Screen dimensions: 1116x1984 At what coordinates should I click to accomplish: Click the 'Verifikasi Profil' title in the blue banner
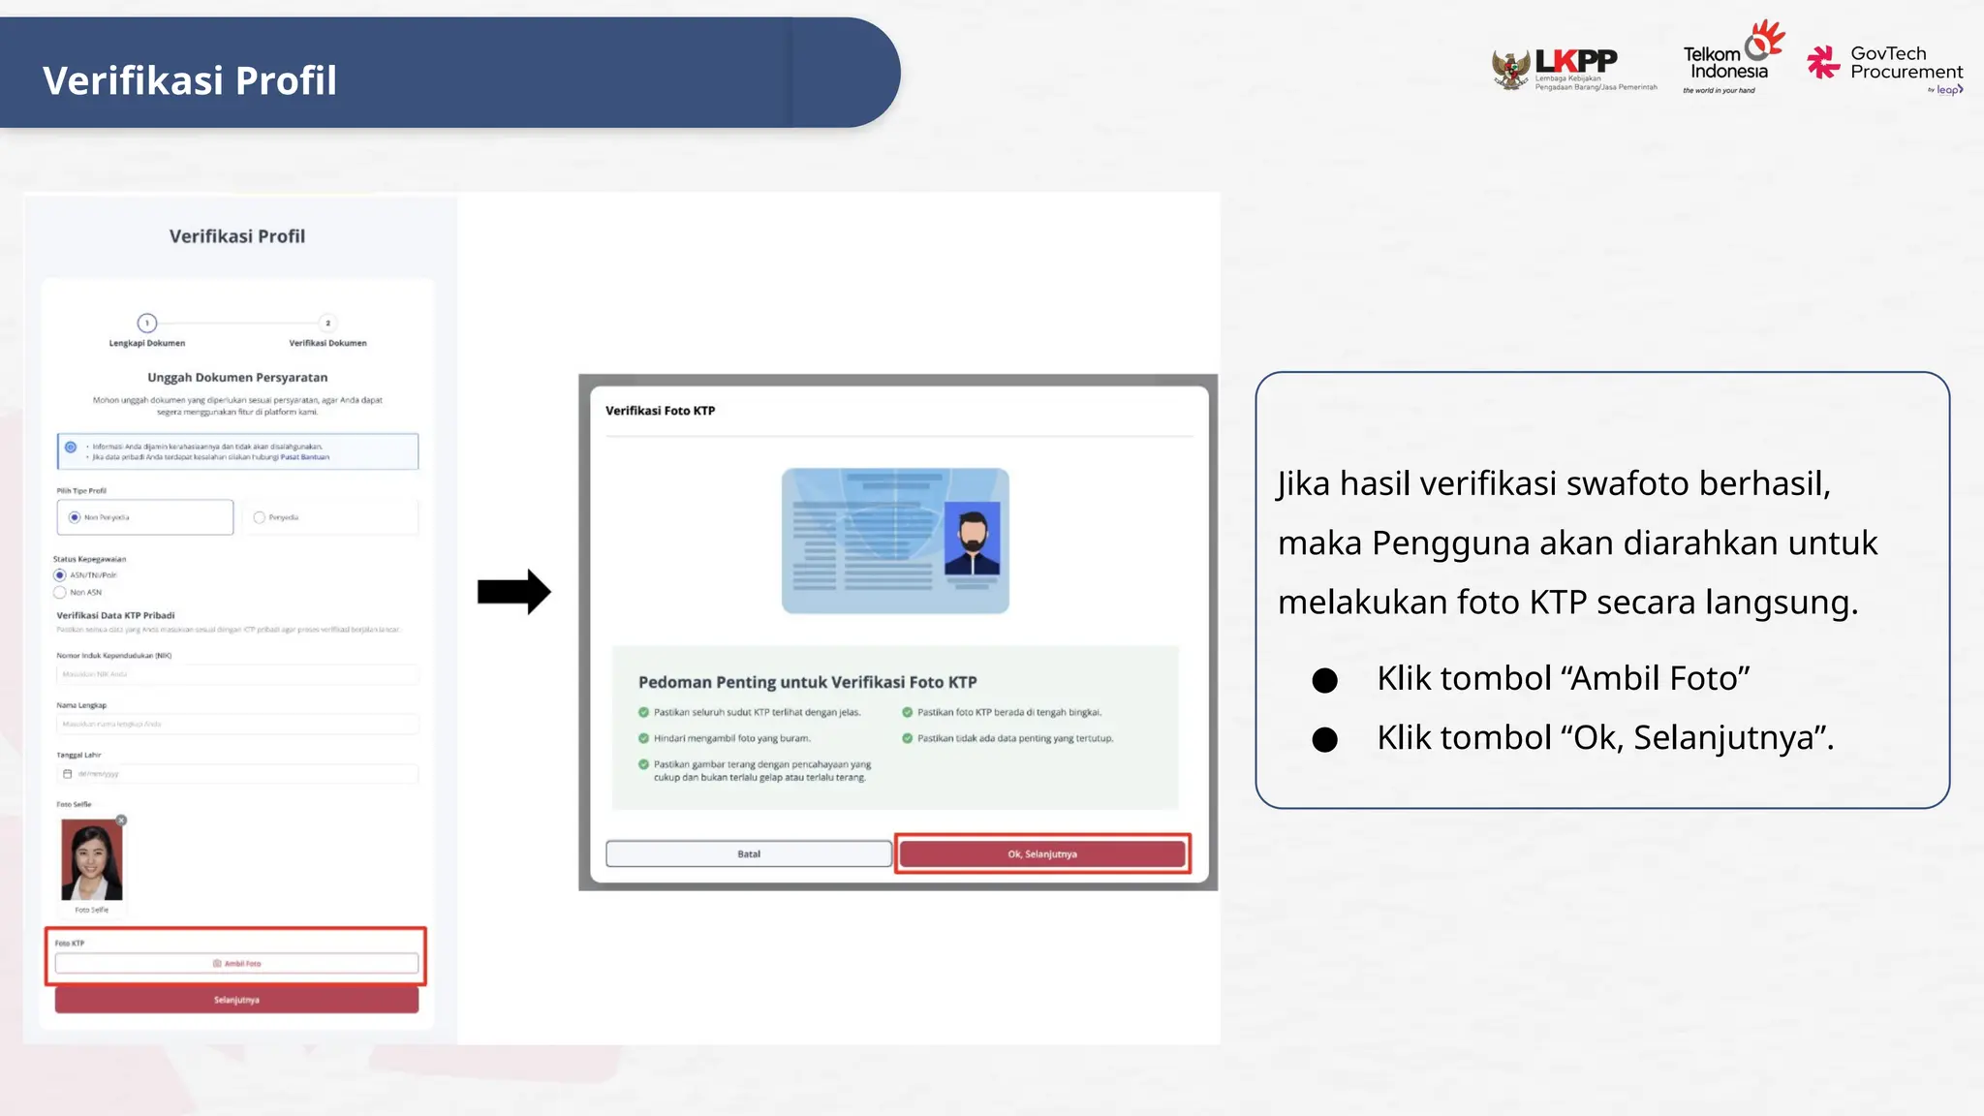pos(190,80)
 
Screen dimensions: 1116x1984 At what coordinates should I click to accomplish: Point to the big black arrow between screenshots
pos(513,591)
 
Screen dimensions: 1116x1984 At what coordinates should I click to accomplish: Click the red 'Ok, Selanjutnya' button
pos(1042,853)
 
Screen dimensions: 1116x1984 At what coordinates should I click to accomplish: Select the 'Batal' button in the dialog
pos(749,853)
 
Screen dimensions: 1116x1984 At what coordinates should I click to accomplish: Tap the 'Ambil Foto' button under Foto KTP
pos(237,963)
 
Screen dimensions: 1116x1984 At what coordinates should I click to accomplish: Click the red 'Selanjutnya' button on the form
pos(237,1000)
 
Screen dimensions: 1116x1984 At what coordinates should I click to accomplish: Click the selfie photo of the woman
pos(92,860)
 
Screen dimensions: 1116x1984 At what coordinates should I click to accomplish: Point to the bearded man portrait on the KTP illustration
pos(972,539)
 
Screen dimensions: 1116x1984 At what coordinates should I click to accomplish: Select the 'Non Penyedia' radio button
pos(75,517)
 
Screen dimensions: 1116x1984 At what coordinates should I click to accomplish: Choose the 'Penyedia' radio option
pos(259,517)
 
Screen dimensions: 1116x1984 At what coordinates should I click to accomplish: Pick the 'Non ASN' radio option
pos(60,592)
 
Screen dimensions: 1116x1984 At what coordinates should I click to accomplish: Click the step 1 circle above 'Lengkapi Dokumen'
pos(147,323)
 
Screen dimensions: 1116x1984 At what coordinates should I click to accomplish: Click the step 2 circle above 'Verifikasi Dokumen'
pos(327,323)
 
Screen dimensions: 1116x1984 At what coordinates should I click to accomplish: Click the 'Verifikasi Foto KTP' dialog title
pos(661,411)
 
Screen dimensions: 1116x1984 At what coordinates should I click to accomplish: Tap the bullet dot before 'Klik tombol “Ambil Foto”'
pos(1324,680)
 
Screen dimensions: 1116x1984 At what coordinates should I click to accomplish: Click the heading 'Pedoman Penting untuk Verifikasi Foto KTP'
pos(807,682)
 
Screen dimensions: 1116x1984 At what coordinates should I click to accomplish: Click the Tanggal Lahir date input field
pos(237,774)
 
